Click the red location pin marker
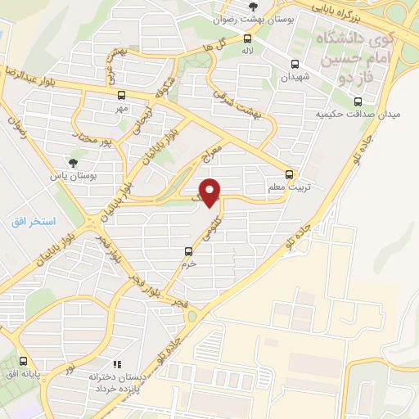click(211, 191)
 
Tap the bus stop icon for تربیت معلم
click(290, 174)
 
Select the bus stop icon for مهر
click(122, 95)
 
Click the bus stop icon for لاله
click(247, 38)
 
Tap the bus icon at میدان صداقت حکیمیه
click(358, 101)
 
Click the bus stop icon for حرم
click(189, 252)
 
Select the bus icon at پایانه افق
click(24, 361)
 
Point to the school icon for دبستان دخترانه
click(117, 363)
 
